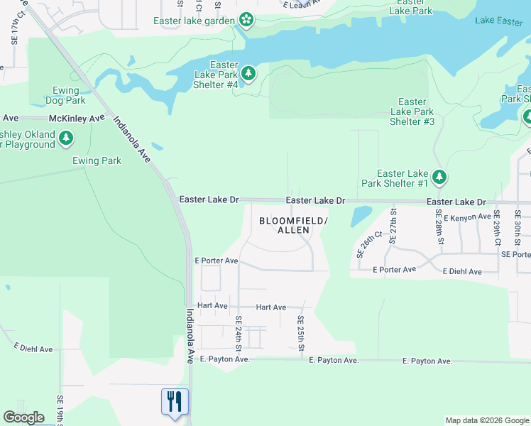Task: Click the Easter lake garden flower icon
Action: pyautogui.click(x=246, y=20)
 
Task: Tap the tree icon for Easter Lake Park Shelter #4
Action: pyautogui.click(x=248, y=72)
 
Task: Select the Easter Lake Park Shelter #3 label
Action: pyautogui.click(x=412, y=111)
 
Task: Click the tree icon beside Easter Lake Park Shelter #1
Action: pyautogui.click(x=440, y=177)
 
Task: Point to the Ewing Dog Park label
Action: pyautogui.click(x=70, y=95)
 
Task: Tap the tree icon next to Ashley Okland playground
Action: pyautogui.click(x=66, y=137)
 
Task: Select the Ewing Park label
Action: pyautogui.click(x=97, y=160)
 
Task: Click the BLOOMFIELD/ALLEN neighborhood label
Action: pyautogui.click(x=293, y=226)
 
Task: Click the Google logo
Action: pyautogui.click(x=23, y=417)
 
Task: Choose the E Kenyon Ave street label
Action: pyautogui.click(x=467, y=217)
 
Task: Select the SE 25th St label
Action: pyautogui.click(x=301, y=333)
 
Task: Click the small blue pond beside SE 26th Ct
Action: pyautogui.click(x=361, y=216)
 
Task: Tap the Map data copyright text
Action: pyautogui.click(x=486, y=420)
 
